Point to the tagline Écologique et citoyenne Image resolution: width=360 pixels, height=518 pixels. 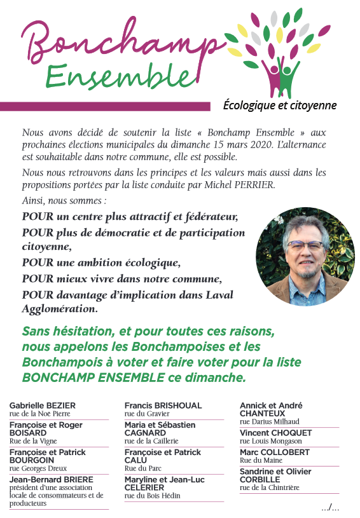pyautogui.click(x=280, y=106)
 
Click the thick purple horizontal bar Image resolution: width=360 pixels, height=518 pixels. pyautogui.click(x=105, y=106)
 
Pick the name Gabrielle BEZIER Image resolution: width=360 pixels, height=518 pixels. pyautogui.click(x=42, y=406)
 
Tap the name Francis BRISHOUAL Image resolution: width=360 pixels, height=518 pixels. pyautogui.click(x=163, y=406)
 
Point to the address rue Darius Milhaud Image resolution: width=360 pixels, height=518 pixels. pyautogui.click(x=270, y=421)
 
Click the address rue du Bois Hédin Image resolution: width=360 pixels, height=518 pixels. pyautogui.click(x=152, y=495)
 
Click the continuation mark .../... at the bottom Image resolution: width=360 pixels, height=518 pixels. pyautogui.click(x=330, y=507)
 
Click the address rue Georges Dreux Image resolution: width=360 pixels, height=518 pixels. pyautogui.click(x=38, y=468)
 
